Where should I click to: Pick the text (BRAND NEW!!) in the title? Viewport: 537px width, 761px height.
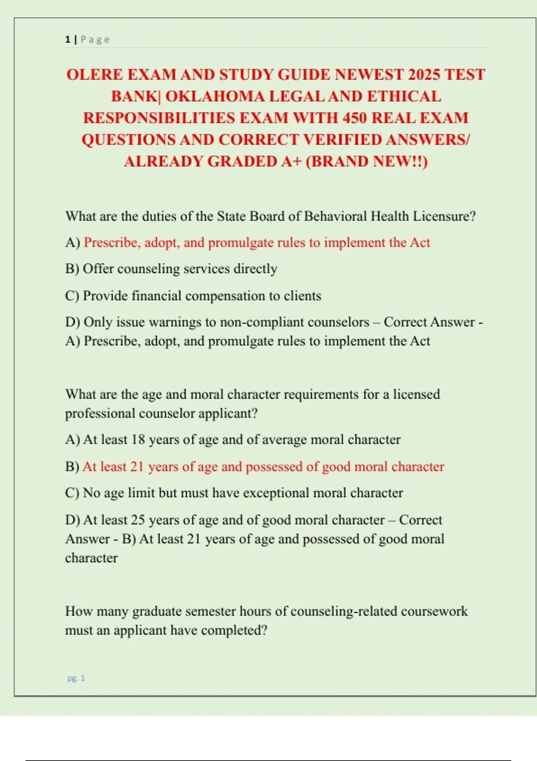tap(367, 161)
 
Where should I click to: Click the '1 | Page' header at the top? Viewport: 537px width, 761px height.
tap(87, 39)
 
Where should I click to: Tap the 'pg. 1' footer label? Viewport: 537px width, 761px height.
tap(76, 678)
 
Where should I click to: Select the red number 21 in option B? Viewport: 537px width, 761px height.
tap(137, 466)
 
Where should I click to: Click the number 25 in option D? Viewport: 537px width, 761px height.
tap(138, 520)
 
